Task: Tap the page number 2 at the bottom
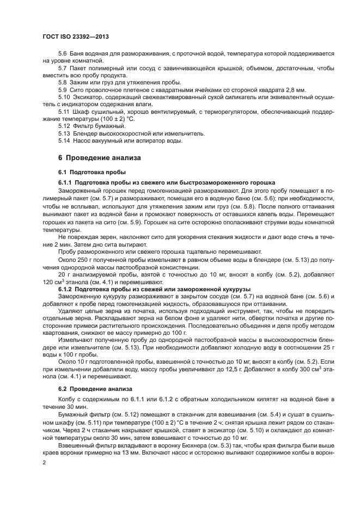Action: pos(45,462)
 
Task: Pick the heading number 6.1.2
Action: pos(65,287)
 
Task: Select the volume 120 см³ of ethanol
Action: pos(53,283)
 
